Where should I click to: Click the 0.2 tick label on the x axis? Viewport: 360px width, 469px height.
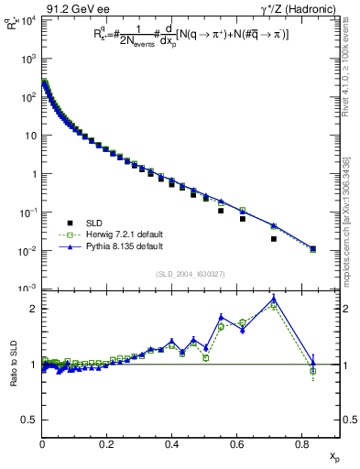coord(107,444)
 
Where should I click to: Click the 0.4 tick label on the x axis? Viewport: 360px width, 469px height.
coord(171,444)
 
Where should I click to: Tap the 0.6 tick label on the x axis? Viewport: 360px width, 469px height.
coord(236,444)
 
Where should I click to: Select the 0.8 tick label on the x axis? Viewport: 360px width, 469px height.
coord(301,444)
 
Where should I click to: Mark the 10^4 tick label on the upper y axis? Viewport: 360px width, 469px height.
coord(28,19)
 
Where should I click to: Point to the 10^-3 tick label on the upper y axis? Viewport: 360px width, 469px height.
coord(27,289)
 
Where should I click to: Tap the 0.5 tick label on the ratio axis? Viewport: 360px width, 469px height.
coord(30,420)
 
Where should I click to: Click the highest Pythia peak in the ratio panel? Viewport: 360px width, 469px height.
coord(274,299)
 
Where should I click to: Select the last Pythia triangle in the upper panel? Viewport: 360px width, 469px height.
coord(313,248)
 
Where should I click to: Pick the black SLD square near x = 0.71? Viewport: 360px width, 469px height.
coord(274,239)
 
